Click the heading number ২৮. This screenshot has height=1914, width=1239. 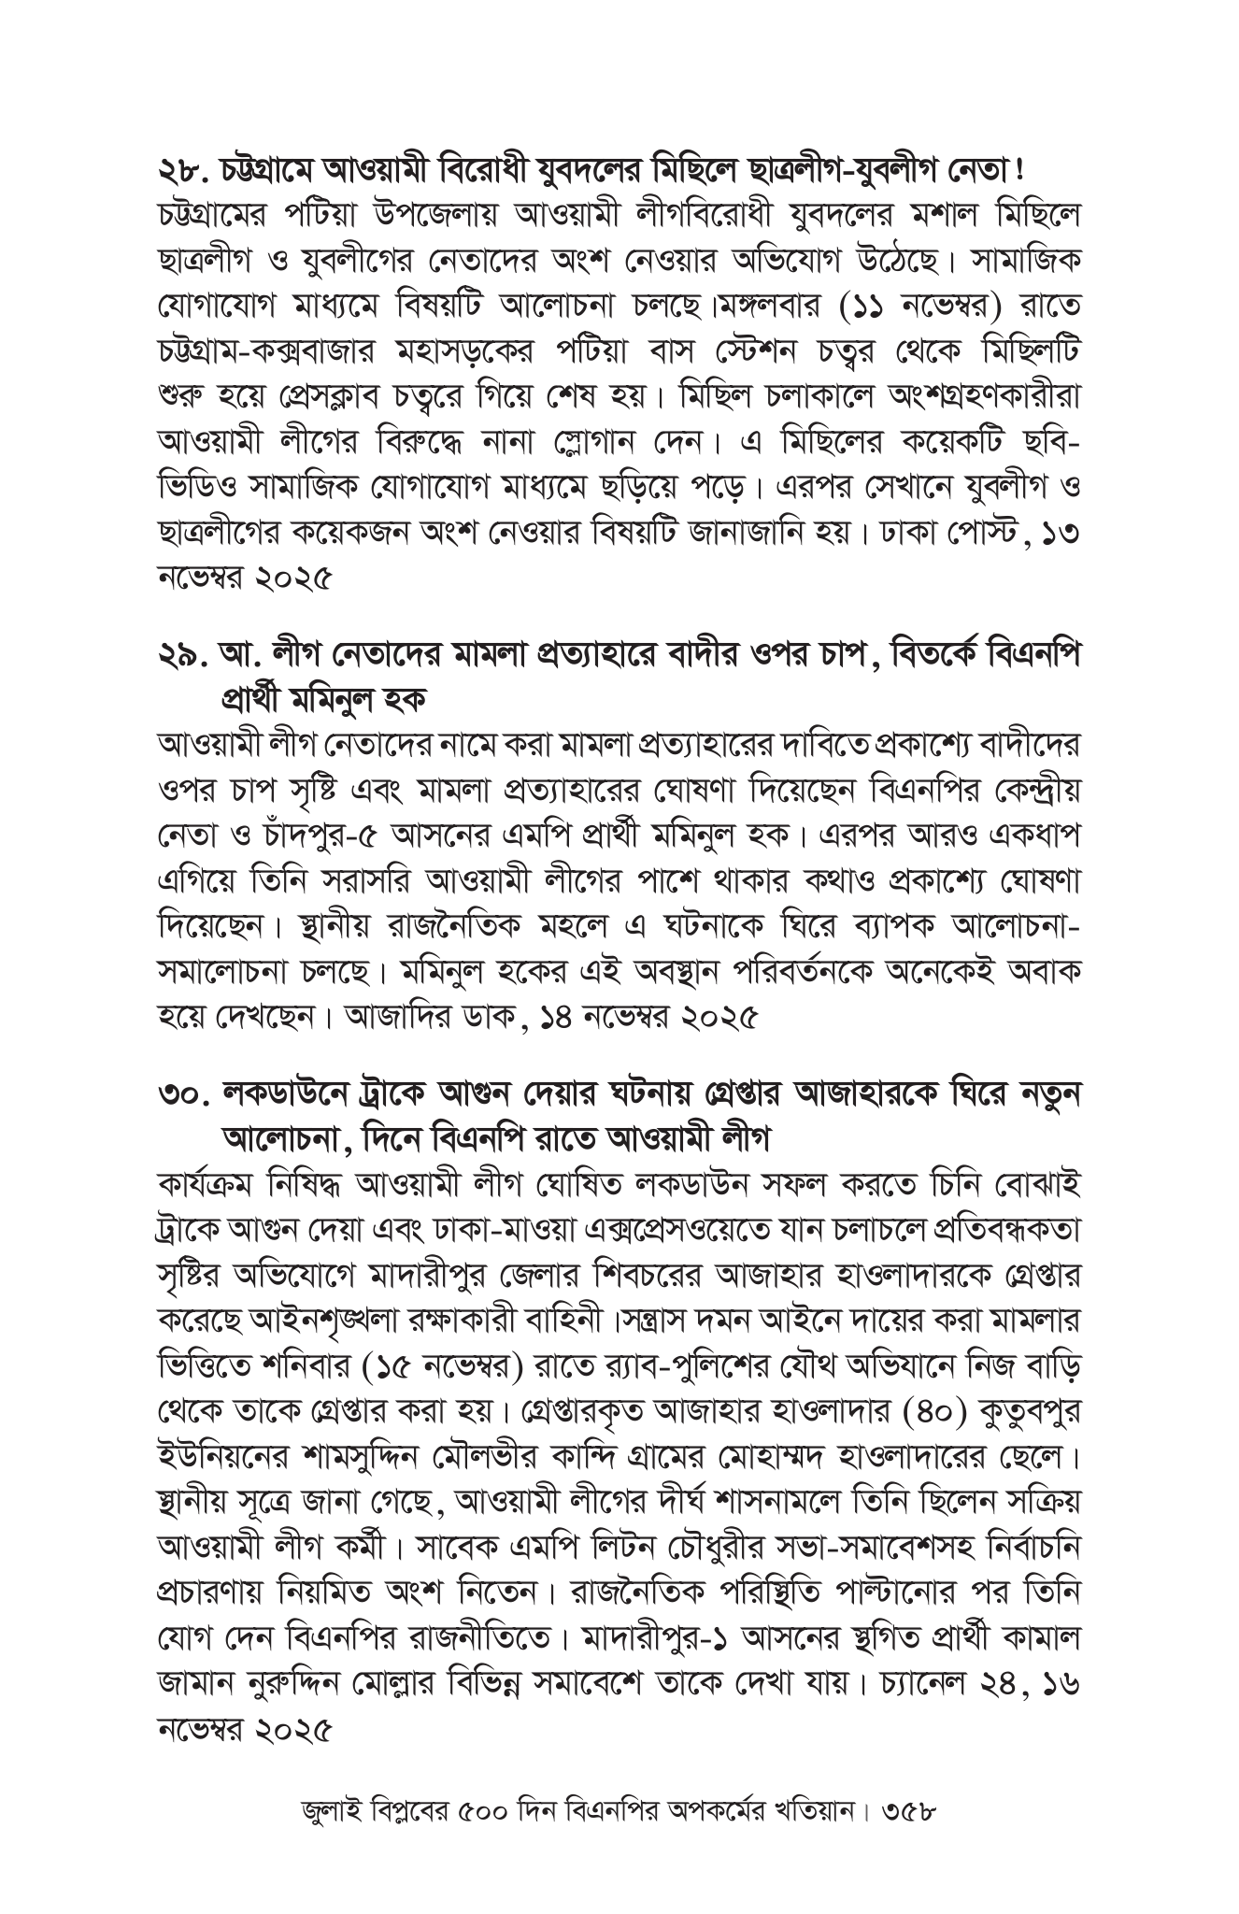pyautogui.click(x=184, y=171)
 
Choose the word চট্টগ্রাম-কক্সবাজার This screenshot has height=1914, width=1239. pyautogui.click(x=285, y=348)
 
